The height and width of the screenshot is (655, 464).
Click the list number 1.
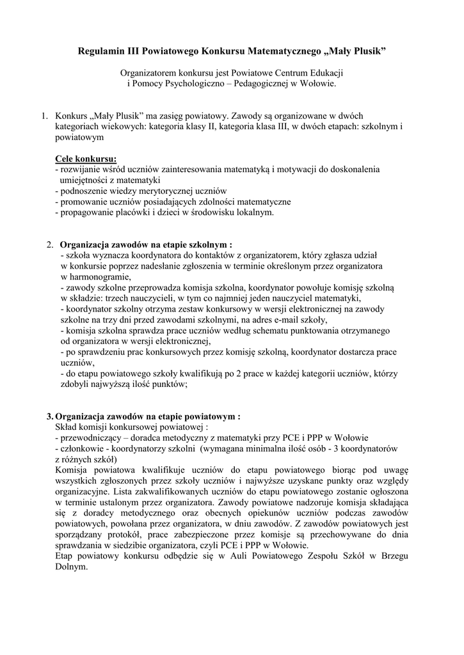(44, 116)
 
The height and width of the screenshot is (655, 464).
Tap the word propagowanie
(85, 213)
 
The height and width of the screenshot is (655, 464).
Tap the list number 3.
(50, 416)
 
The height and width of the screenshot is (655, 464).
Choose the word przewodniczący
(88, 438)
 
